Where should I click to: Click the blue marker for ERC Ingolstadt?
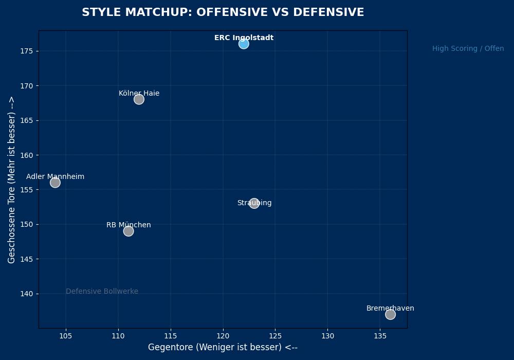pyautogui.click(x=244, y=44)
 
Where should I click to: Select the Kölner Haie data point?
pyautogui.click(x=139, y=99)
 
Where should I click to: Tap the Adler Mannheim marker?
pyautogui.click(x=55, y=183)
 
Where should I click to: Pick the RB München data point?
pyautogui.click(x=128, y=231)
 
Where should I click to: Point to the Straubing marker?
pyautogui.click(x=254, y=203)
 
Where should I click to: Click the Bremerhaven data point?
pyautogui.click(x=390, y=314)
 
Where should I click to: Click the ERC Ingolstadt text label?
pyautogui.click(x=244, y=38)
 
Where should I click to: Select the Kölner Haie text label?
pyautogui.click(x=139, y=94)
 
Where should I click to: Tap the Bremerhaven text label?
pyautogui.click(x=390, y=309)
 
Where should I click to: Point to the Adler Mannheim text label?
pyautogui.click(x=55, y=177)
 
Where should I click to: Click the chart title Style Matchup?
pyautogui.click(x=223, y=13)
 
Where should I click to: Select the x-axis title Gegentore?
pyautogui.click(x=223, y=348)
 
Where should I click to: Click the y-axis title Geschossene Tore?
pyautogui.click(x=12, y=179)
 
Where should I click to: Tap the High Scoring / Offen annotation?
pyautogui.click(x=468, y=49)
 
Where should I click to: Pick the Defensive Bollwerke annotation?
pyautogui.click(x=102, y=292)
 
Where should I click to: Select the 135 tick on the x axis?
pyautogui.click(x=380, y=336)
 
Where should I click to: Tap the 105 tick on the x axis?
pyautogui.click(x=66, y=336)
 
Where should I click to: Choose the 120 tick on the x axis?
pyautogui.click(x=223, y=336)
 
